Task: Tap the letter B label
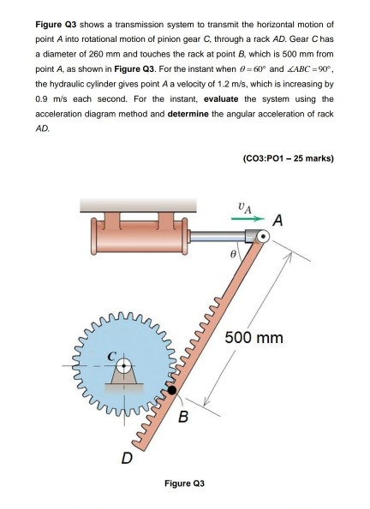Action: coord(183,420)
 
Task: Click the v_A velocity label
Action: coord(246,206)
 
